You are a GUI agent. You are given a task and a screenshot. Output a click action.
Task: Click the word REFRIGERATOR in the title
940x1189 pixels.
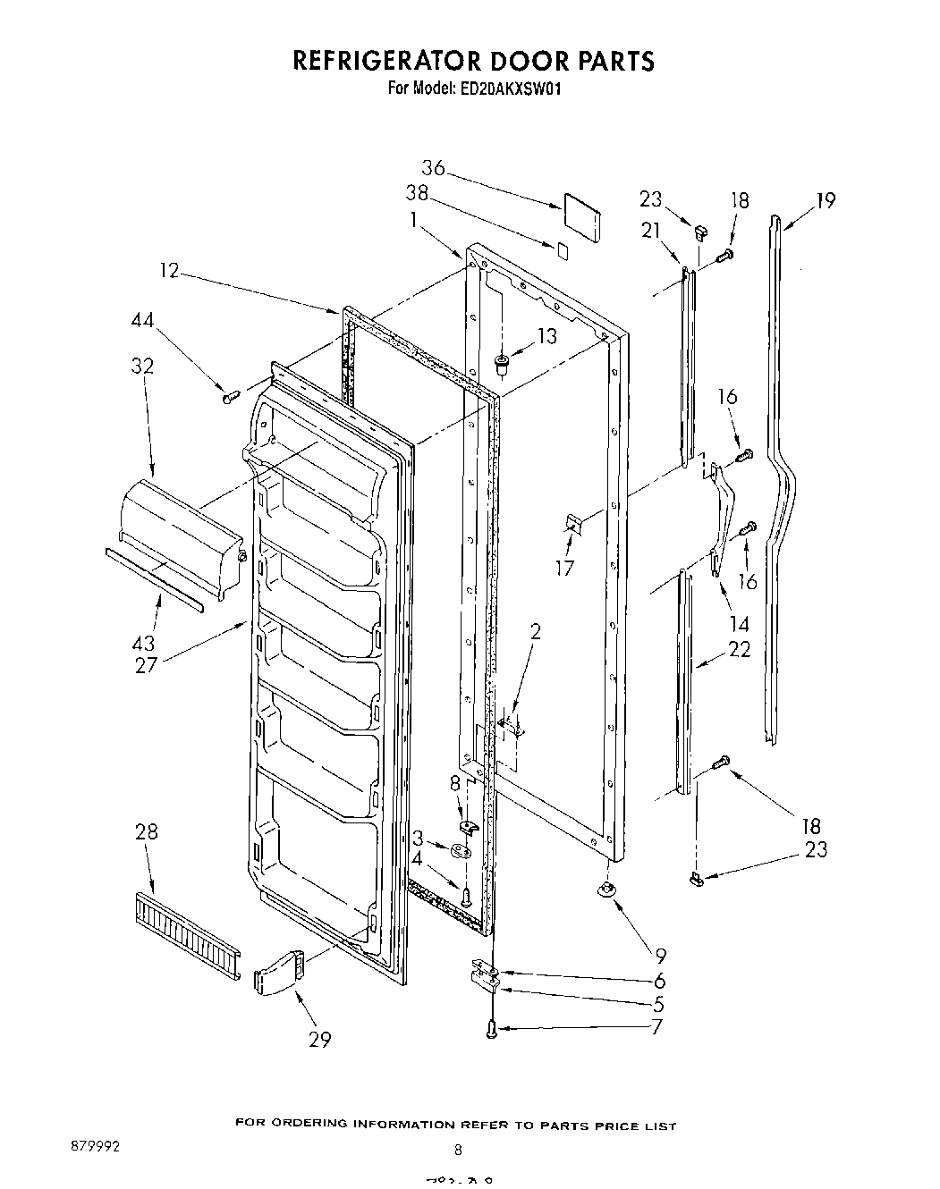(384, 61)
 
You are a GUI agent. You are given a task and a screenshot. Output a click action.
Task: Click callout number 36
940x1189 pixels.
(434, 168)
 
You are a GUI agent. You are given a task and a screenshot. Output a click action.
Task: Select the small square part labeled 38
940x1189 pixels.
(561, 249)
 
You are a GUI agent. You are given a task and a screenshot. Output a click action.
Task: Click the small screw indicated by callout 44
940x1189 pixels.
(231, 396)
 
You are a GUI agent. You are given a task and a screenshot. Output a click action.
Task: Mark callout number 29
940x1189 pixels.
(319, 1039)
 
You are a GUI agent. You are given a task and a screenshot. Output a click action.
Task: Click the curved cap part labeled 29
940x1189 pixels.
(279, 973)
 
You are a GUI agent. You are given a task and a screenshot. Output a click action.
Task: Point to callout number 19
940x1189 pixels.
(825, 200)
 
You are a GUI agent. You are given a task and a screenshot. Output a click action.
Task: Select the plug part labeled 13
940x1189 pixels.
(501, 363)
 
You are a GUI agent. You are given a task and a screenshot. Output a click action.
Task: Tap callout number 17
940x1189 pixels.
(565, 568)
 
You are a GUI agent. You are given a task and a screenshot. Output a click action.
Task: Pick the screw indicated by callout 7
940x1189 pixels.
(492, 1030)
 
